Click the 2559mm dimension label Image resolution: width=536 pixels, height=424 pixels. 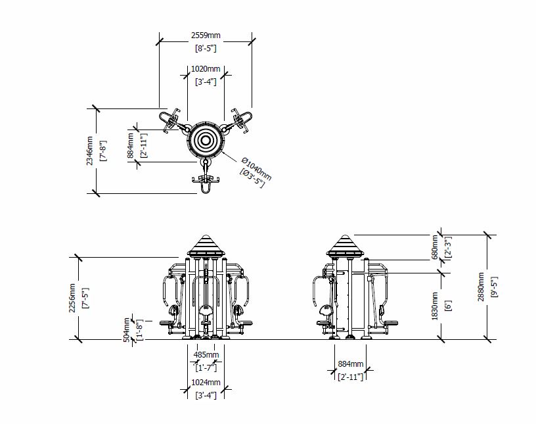point(206,35)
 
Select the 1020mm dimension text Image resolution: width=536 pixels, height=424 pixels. point(206,69)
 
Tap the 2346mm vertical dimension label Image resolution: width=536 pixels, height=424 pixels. point(89,151)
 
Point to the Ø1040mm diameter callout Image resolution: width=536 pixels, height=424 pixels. point(256,169)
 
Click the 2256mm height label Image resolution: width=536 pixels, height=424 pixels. point(72,298)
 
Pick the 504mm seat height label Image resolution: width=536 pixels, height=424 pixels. point(127,329)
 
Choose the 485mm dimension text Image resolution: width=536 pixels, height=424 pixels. point(206,354)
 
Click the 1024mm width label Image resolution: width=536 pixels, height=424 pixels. point(206,382)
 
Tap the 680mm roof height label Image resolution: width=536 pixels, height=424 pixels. point(435,247)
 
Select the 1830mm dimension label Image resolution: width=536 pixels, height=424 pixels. point(434,306)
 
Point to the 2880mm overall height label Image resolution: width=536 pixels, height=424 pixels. point(481,287)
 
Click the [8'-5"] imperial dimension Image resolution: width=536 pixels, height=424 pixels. point(206,48)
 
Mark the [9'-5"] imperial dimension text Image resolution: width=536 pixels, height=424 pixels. point(495,287)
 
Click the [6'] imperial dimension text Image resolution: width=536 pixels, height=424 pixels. point(448,306)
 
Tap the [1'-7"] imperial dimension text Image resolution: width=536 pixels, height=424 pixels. point(206,368)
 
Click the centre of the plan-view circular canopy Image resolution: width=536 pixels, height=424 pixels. point(206,140)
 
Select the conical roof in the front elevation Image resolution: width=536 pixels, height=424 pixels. point(206,246)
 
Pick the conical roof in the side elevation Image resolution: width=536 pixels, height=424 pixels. point(344,246)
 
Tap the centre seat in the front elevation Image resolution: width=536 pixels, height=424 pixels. point(206,311)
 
